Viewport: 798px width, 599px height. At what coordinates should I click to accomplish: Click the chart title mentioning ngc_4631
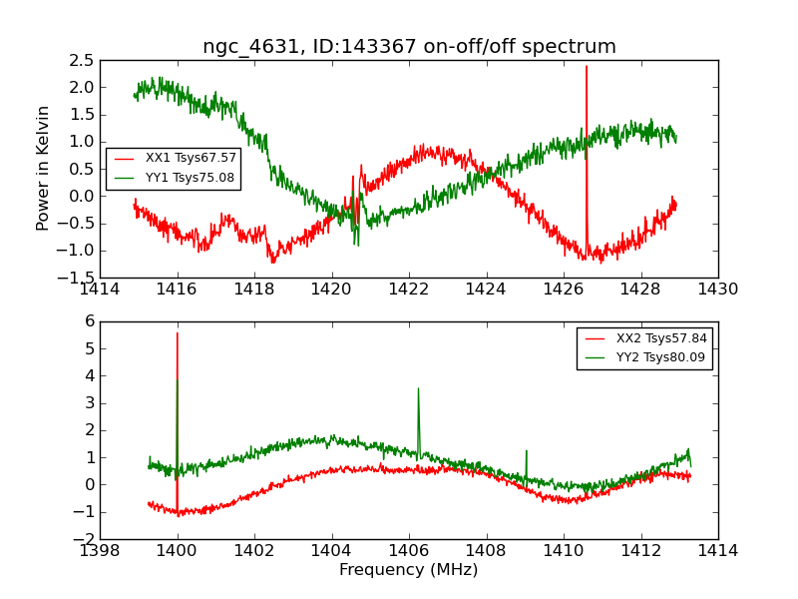409,47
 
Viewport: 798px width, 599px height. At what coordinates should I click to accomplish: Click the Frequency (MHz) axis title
409,570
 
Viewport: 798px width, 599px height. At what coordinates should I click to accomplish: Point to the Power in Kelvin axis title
43,168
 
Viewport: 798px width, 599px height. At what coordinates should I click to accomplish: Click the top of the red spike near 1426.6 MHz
587,67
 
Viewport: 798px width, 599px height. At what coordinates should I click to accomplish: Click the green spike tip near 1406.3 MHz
418,389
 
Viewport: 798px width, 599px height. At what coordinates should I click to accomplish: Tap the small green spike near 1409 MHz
526,451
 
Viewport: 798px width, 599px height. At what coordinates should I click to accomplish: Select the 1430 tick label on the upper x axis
717,290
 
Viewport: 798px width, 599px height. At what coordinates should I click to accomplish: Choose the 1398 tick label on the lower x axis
101,551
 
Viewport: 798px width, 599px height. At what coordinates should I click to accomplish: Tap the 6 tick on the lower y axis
90,322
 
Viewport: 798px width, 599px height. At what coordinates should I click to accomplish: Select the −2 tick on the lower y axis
84,539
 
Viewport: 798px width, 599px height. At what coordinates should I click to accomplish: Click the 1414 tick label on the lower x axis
717,551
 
